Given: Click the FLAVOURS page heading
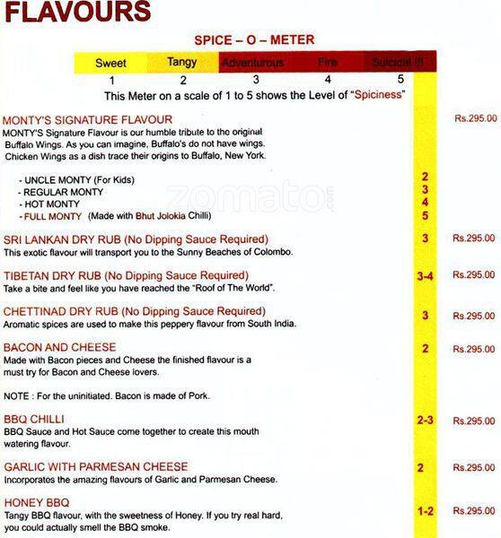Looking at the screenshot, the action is pos(75,13).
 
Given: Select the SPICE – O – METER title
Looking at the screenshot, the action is pos(254,40).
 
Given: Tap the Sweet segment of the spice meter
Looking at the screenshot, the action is pos(110,64).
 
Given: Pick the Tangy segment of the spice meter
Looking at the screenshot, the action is pos(182,63).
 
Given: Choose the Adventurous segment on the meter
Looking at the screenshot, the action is pos(252,64).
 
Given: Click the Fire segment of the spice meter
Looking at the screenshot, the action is pos(327,64).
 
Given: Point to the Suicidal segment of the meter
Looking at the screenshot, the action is pos(399,64).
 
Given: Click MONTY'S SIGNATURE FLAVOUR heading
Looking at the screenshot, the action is pos(87,119).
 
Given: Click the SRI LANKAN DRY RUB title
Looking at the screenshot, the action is pos(136,239).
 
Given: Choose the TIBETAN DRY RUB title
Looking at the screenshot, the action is pos(127,275).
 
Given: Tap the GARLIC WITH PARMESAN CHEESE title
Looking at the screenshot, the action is pos(95,467).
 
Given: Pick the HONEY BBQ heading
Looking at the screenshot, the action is pos(37,502).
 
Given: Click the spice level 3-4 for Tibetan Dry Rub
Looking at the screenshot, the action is pos(425,276).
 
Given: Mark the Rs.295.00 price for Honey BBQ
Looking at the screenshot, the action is pos(474,510).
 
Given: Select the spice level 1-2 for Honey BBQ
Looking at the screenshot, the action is pos(425,511).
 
